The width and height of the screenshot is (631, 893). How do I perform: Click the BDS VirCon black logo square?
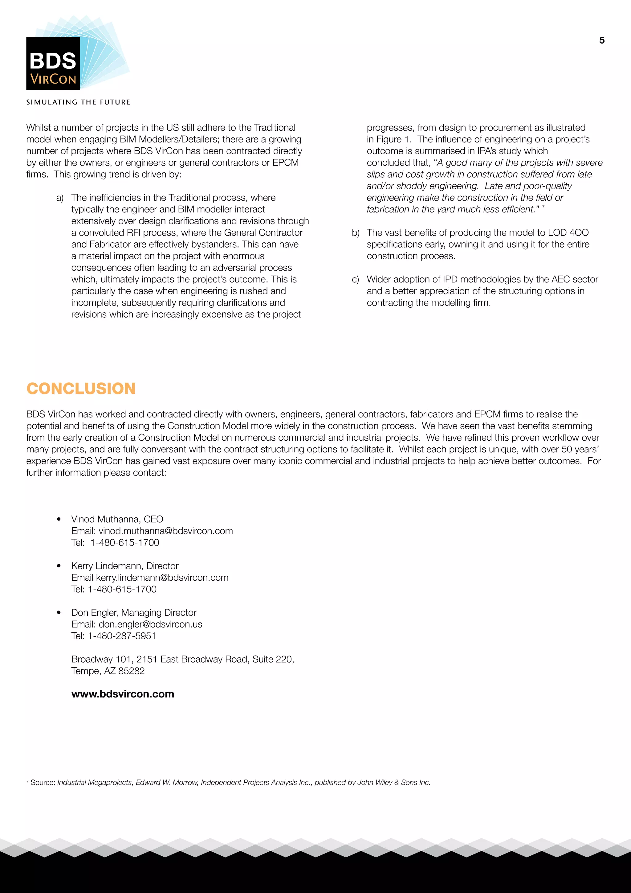coord(53,64)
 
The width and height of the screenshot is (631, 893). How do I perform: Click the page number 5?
coord(601,40)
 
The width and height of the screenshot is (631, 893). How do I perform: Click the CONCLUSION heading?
coord(81,389)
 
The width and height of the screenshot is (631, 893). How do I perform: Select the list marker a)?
coord(60,198)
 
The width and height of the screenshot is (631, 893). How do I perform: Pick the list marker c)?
coord(355,280)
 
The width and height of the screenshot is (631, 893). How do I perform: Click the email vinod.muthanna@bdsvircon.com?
coord(165,531)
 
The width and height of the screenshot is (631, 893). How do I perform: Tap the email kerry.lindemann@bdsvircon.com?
coord(162,578)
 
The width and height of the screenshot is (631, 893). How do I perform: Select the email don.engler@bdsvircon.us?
coord(150,624)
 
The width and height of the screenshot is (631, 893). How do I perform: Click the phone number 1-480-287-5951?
coord(122,636)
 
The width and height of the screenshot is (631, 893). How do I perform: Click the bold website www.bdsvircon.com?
coord(123,694)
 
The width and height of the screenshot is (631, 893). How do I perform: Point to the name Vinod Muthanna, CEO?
coord(117,519)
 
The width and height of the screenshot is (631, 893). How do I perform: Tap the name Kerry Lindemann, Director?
coord(125,566)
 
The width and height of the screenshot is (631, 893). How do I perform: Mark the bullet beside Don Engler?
coord(59,613)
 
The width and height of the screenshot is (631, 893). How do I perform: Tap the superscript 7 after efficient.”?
coord(543,207)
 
